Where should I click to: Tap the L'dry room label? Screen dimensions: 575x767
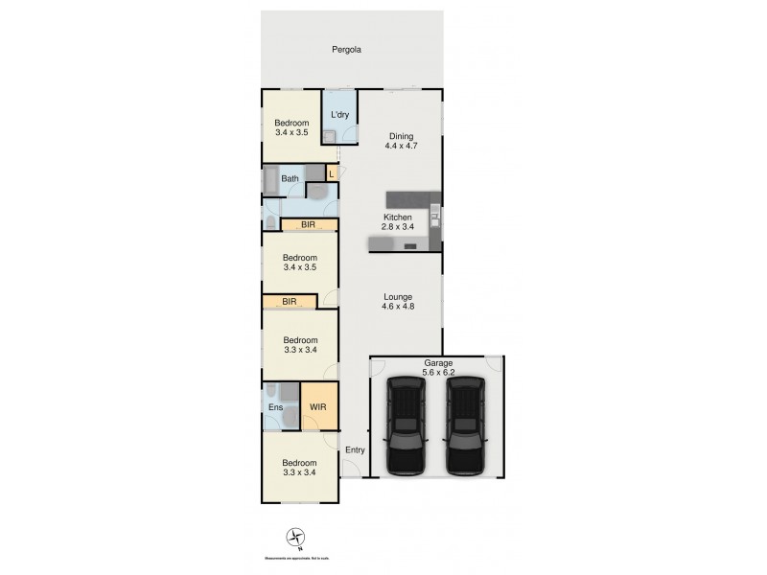tap(338, 116)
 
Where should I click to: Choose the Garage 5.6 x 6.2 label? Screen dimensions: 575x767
tap(438, 367)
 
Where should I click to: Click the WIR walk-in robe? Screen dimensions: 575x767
tap(318, 408)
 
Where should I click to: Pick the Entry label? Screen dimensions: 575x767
tap(355, 450)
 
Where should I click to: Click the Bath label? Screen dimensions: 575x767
tap(291, 178)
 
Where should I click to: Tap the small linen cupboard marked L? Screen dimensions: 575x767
tap(332, 173)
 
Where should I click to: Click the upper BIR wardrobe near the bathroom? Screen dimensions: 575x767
tap(309, 226)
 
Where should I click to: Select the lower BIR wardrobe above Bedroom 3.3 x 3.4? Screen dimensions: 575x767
tap(290, 303)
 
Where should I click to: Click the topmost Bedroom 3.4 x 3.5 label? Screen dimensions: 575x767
tap(291, 128)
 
